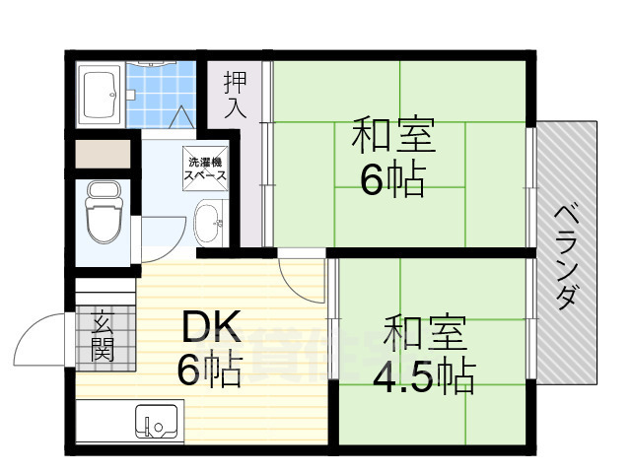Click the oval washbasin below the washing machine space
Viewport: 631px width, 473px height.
click(x=208, y=223)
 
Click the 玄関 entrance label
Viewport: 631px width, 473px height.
click(x=102, y=336)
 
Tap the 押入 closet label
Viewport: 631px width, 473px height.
click(x=235, y=94)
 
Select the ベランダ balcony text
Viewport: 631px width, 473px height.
click(x=565, y=256)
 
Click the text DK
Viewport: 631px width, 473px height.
click(x=209, y=326)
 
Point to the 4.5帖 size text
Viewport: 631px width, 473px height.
click(x=424, y=375)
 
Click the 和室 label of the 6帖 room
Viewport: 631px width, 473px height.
click(x=393, y=134)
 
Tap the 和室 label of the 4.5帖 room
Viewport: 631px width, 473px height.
click(x=424, y=332)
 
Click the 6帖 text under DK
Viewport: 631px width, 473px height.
click(x=209, y=371)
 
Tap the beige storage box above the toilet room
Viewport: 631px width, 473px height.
click(x=102, y=154)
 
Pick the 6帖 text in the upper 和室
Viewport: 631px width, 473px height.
click(x=392, y=179)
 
